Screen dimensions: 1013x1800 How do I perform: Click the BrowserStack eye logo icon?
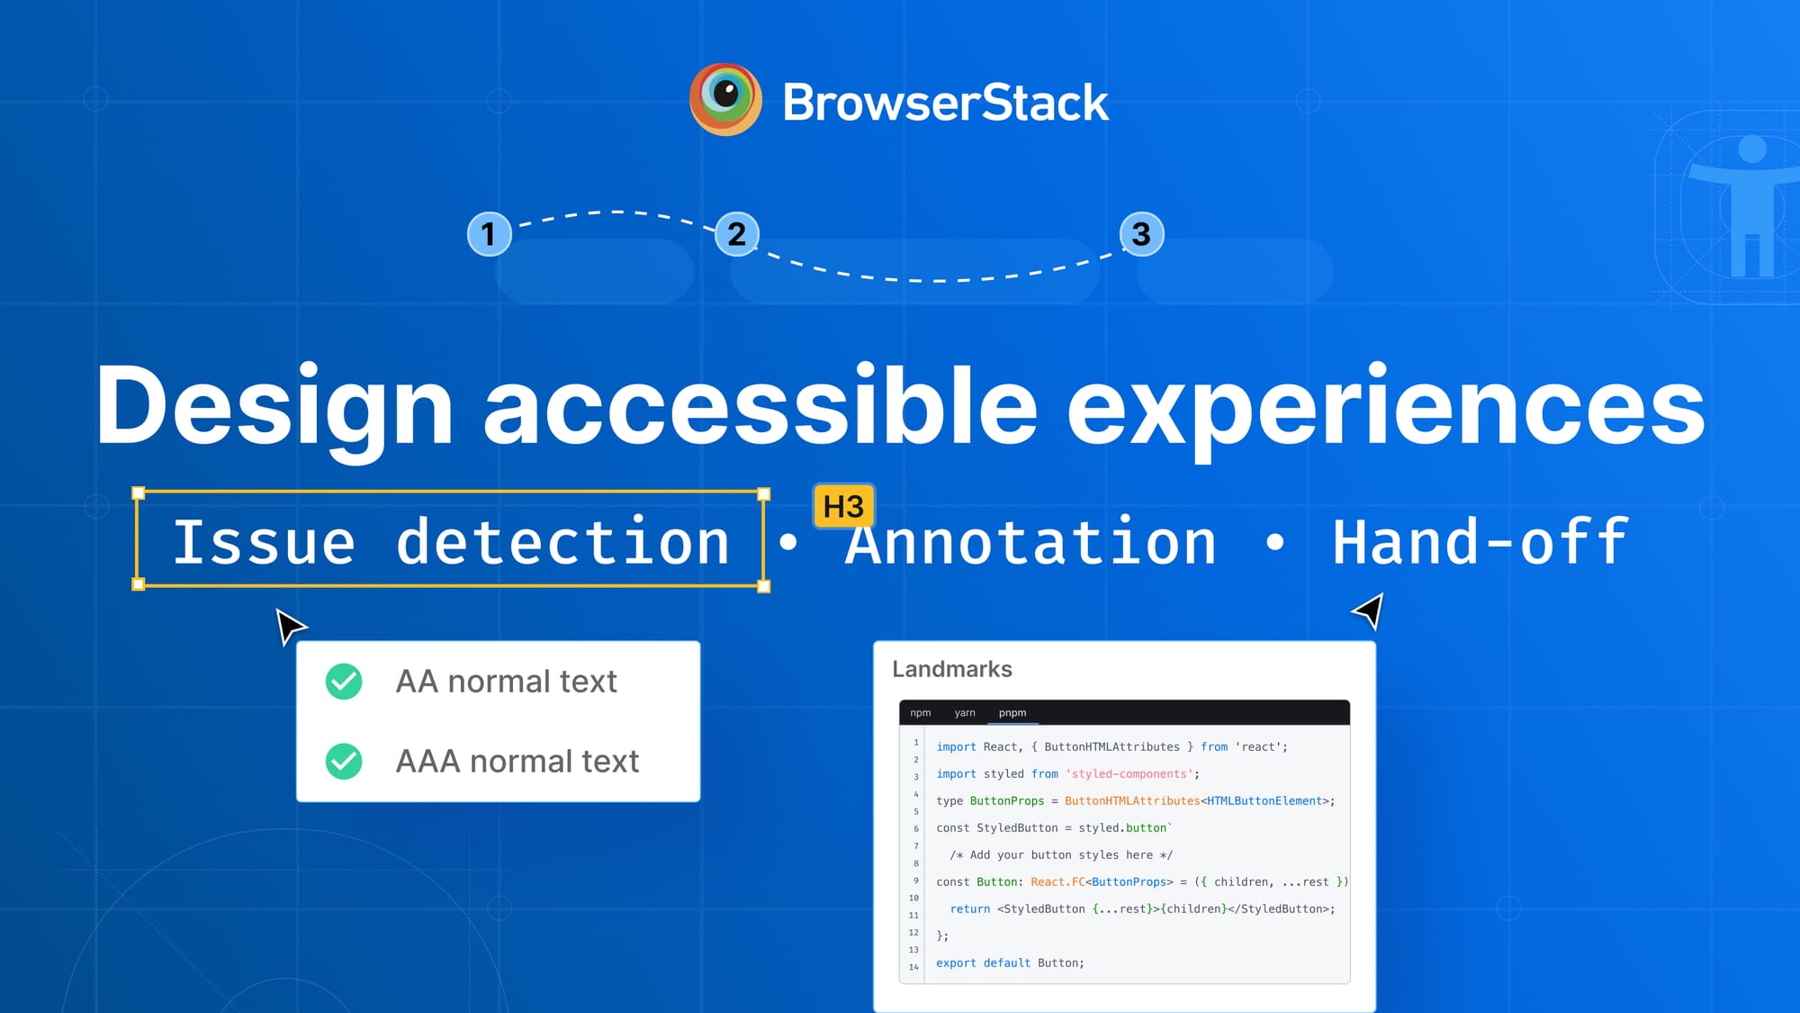pos(725,99)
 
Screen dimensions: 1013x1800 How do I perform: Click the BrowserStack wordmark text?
pos(945,103)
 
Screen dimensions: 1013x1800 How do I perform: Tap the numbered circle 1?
pos(489,234)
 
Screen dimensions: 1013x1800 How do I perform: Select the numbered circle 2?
pos(737,234)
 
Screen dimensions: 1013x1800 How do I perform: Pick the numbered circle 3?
pos(1141,234)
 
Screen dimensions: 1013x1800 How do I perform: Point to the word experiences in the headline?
pos(1385,407)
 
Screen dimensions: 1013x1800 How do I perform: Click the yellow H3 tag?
pos(843,507)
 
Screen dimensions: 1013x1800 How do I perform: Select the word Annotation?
pos(1031,543)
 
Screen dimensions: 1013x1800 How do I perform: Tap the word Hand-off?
pos(1480,543)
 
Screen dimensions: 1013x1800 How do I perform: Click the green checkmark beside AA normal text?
pos(344,682)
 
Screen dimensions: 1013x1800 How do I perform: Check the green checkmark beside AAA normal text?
pos(344,762)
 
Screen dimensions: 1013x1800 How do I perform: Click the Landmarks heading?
pos(951,669)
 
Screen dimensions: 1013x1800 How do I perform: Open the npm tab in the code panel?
pos(920,713)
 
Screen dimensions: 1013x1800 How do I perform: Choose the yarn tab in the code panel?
pos(965,713)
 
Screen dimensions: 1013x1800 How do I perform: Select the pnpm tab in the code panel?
pos(1012,713)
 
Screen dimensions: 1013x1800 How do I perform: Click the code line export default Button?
pos(1010,963)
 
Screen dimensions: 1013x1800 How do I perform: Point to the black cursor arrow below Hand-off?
pos(1369,611)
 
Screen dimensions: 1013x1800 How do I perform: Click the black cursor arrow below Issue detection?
pos(290,625)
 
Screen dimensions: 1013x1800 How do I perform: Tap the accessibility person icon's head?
pos(1752,149)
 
